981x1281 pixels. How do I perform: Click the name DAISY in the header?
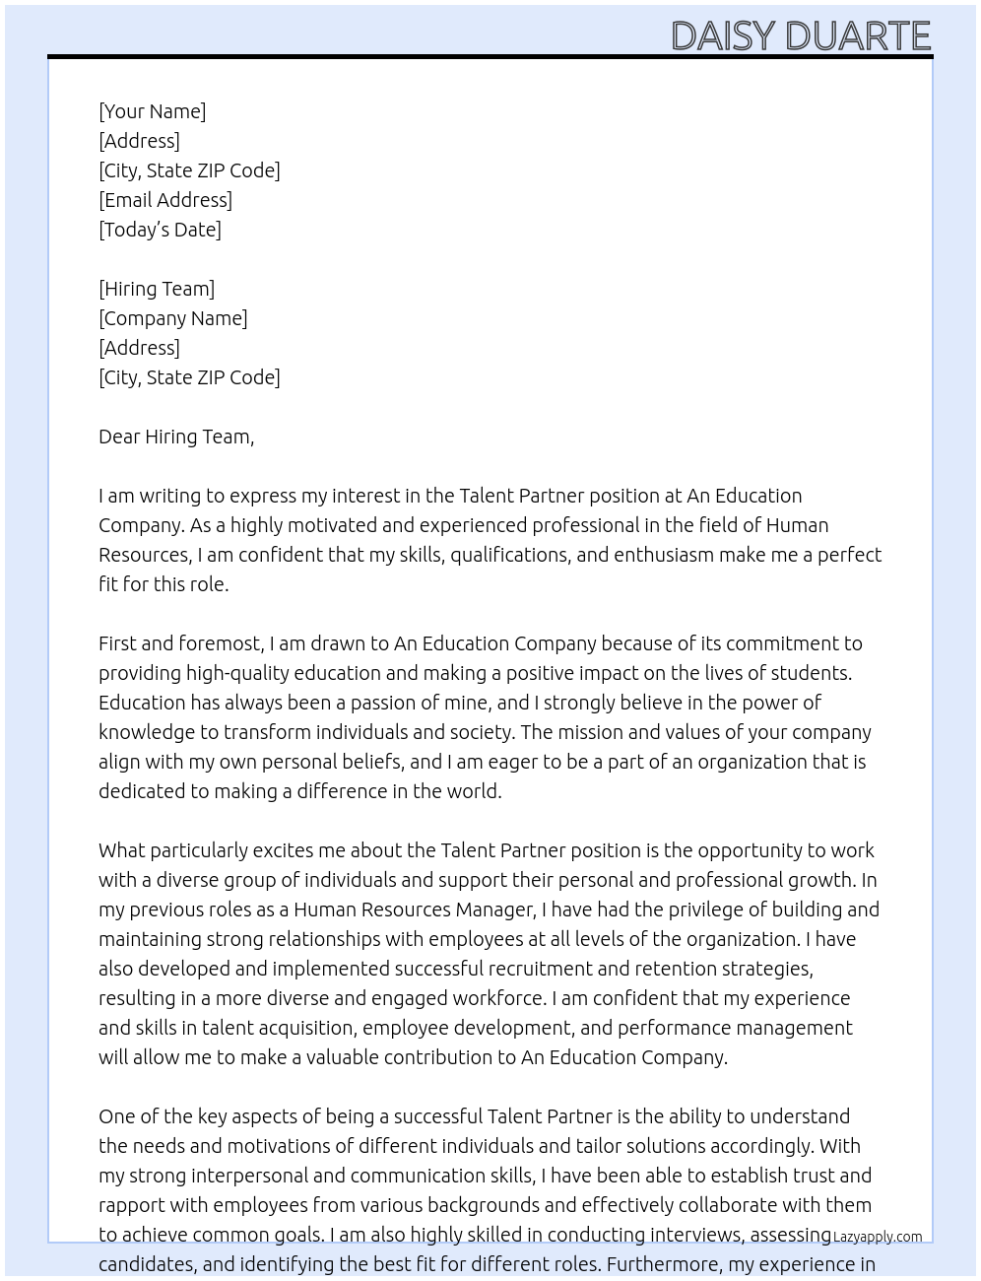723,36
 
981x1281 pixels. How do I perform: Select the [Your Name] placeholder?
153,111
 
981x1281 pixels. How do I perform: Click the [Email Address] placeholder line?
165,200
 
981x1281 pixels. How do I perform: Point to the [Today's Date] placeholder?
160,230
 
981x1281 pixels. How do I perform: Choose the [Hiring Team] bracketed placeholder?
157,289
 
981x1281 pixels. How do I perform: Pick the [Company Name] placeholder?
173,318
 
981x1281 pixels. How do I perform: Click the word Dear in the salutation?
119,437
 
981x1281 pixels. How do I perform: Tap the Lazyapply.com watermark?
878,1237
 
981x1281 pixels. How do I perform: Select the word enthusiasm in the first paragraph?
664,555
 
